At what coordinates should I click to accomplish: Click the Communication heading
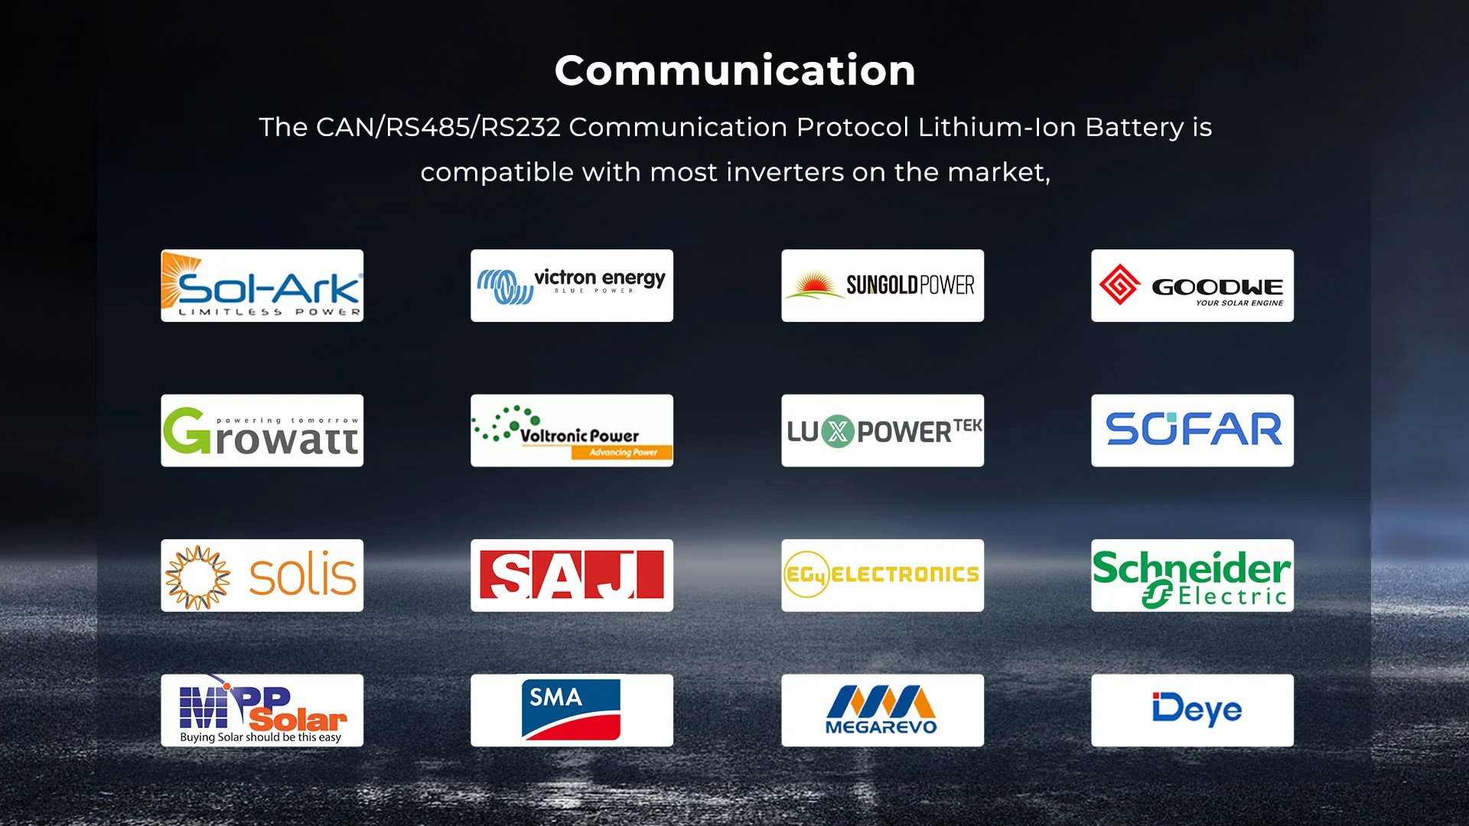[x=735, y=70]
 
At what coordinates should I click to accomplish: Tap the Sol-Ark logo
[x=262, y=285]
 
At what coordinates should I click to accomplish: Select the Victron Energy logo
[x=572, y=285]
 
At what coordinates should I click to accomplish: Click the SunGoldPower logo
[x=882, y=285]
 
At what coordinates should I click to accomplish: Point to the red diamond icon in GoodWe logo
[x=1119, y=285]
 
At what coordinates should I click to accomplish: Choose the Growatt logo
[x=262, y=431]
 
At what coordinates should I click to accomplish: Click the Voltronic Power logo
[x=572, y=431]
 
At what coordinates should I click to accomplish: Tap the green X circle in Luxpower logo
[x=838, y=431]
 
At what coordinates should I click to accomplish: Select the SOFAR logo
[x=1192, y=431]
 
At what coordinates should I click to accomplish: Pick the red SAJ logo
[x=572, y=575]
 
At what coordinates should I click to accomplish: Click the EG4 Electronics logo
[x=882, y=575]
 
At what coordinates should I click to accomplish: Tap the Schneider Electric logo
[x=1192, y=575]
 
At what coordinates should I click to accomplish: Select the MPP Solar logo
[x=262, y=710]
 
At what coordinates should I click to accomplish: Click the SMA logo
[x=571, y=710]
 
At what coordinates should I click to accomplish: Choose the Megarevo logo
[x=881, y=710]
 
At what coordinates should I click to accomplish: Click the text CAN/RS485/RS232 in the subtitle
[x=438, y=127]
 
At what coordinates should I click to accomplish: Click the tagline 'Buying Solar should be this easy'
[x=261, y=737]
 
